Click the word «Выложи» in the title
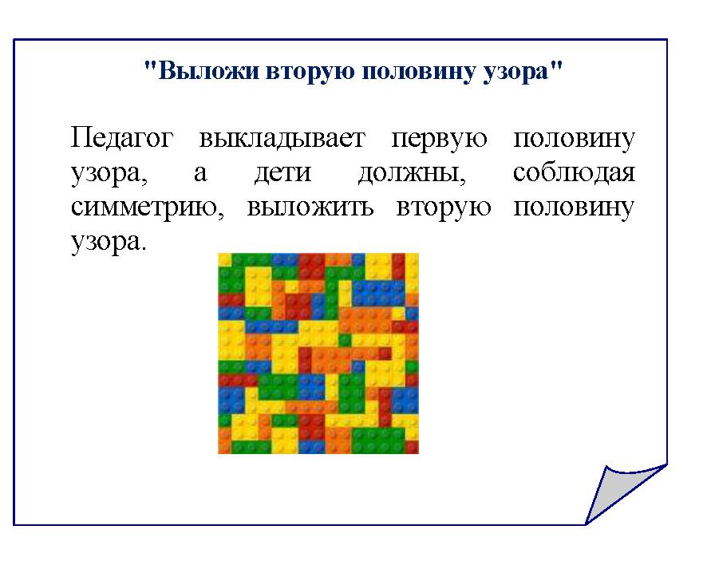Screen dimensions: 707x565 [209, 71]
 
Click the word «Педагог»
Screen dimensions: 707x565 [122, 138]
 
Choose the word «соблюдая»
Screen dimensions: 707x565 [574, 172]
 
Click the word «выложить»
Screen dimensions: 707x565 [310, 207]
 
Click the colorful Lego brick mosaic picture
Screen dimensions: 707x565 [318, 354]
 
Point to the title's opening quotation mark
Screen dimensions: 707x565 [151, 66]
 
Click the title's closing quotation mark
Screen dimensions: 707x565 [556, 66]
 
